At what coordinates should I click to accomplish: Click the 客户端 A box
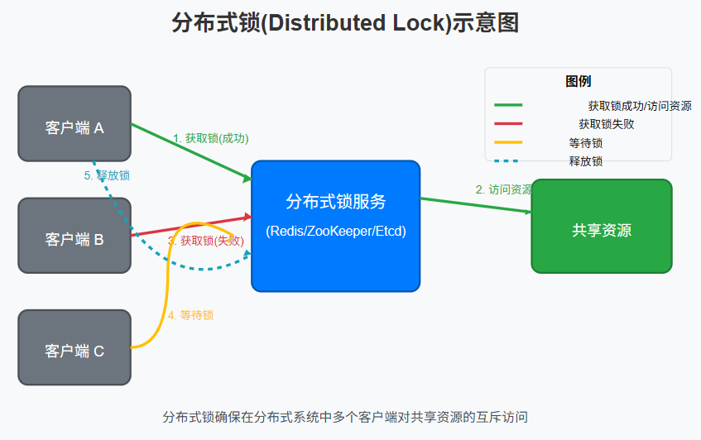[74, 123]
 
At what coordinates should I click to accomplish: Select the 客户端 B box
[74, 236]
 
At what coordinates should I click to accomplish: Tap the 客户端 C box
[74, 347]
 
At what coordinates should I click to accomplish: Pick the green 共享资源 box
[601, 226]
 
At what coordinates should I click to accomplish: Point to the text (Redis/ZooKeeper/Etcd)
[336, 232]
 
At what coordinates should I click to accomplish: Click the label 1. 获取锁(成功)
[210, 138]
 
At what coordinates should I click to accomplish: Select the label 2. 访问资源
[503, 189]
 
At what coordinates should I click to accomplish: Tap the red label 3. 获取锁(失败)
[205, 241]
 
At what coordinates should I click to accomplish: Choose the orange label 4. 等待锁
[190, 315]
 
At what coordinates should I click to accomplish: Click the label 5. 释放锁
[107, 175]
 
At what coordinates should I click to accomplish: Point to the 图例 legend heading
[578, 82]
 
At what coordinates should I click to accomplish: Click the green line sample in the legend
[508, 105]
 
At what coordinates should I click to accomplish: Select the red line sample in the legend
[508, 124]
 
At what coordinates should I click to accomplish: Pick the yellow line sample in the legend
[508, 142]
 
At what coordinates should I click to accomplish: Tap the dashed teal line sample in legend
[508, 160]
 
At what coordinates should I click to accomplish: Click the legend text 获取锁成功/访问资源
[639, 106]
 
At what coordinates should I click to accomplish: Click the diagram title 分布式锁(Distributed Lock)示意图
[345, 23]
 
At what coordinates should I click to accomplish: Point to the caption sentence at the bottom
[345, 416]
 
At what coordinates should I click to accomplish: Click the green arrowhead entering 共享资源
[526, 212]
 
